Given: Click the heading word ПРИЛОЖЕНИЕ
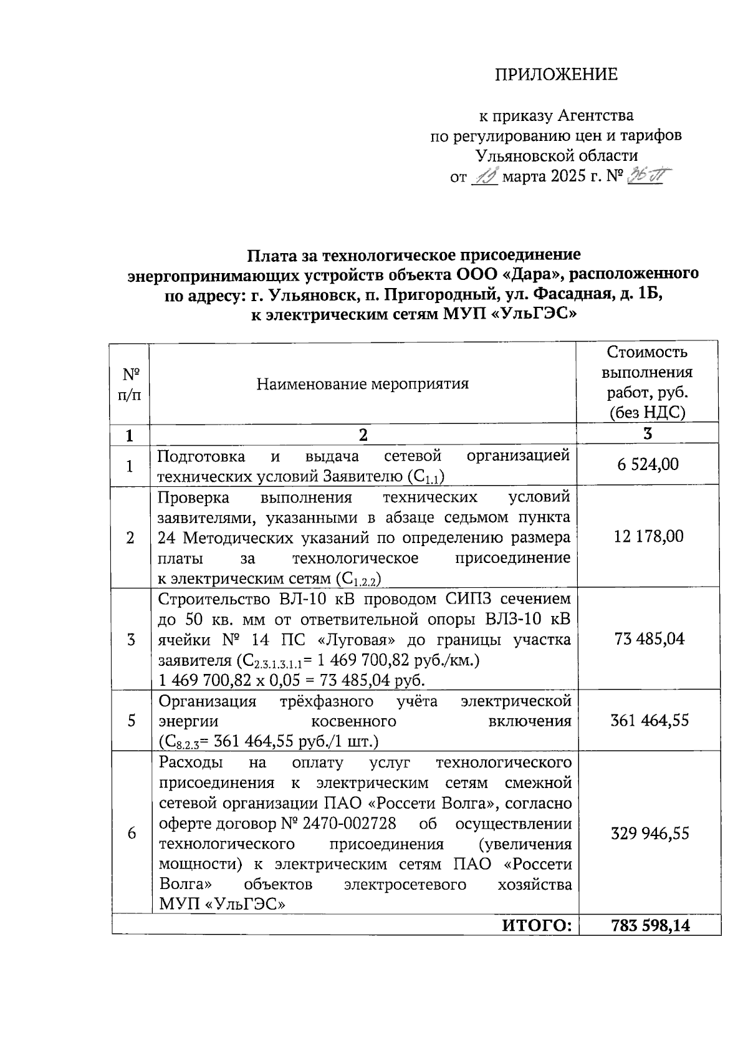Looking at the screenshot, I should click(x=556, y=75).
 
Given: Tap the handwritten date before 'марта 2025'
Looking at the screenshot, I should click(x=484, y=178).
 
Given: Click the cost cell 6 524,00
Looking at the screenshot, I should click(x=648, y=464).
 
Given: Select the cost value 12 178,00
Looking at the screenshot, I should click(x=648, y=536).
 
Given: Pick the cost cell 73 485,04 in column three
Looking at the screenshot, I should click(x=649, y=639).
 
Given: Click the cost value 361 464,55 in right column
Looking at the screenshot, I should click(x=650, y=721).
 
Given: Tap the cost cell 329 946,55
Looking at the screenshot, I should click(x=650, y=834).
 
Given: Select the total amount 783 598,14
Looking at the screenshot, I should click(x=651, y=926).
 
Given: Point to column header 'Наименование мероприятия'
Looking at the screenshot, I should click(x=362, y=383).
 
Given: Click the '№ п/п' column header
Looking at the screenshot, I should click(x=130, y=383).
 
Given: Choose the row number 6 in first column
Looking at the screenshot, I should click(x=132, y=834).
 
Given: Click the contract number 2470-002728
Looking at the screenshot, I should click(x=349, y=824).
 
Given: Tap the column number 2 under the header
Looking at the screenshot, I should click(x=363, y=435).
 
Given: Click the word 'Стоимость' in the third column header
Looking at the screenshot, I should click(x=647, y=352).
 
